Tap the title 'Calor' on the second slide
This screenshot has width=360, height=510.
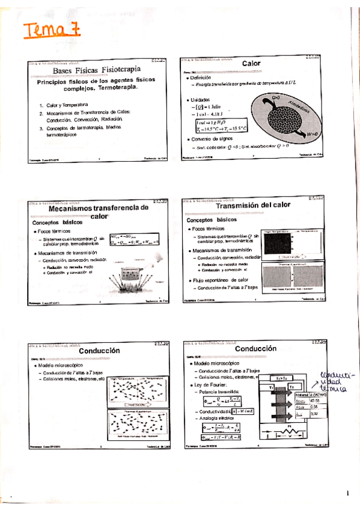click(x=251, y=63)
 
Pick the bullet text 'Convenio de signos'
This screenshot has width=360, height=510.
click(x=216, y=139)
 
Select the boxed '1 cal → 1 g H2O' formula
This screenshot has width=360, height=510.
click(x=215, y=121)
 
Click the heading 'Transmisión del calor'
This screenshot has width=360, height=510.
click(x=252, y=205)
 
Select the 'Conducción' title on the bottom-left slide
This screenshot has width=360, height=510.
click(x=100, y=351)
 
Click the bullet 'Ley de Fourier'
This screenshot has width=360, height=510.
click(x=208, y=384)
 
